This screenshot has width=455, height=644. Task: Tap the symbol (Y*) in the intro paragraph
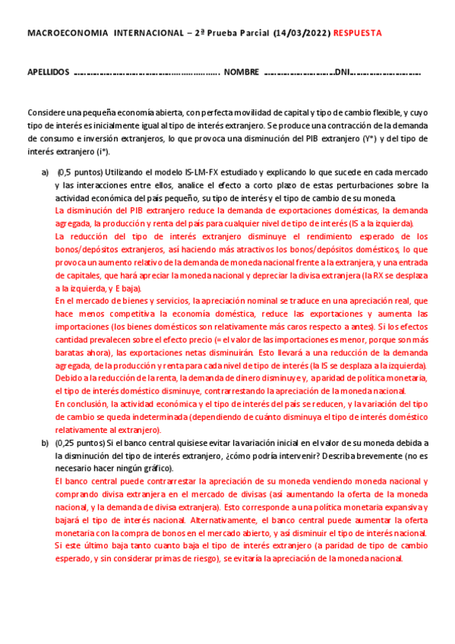pyautogui.click(x=387, y=138)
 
